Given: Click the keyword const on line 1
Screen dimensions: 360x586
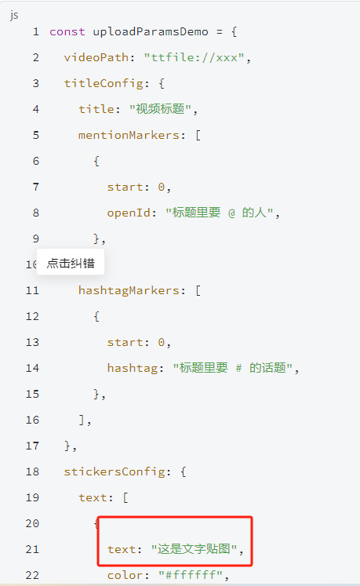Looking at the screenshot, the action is point(67,31).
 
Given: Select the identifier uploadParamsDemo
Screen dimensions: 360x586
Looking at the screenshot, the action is point(151,31).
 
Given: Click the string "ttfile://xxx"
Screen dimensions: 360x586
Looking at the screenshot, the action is point(194,57).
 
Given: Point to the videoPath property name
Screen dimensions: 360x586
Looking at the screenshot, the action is point(96,57).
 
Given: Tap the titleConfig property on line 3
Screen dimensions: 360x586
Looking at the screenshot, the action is point(104,83).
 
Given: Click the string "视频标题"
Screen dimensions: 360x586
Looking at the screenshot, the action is point(160,109).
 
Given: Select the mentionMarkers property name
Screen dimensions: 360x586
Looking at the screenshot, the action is point(129,135).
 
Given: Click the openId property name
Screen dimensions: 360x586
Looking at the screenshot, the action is point(129,213).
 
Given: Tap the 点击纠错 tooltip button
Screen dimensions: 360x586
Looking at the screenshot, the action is point(71,263).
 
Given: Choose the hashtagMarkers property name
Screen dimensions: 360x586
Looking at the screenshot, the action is point(129,290).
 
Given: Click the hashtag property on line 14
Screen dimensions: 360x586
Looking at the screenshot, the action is point(133,368).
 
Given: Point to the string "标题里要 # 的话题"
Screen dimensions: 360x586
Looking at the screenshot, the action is point(232,368).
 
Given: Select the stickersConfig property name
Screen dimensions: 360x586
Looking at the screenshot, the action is point(115,471).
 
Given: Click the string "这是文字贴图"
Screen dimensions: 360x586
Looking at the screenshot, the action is point(194,549).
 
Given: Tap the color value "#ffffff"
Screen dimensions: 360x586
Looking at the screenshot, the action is point(191,575).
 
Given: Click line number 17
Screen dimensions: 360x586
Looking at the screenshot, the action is point(32,446).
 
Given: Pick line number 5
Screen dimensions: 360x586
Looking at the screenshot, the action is point(36,135).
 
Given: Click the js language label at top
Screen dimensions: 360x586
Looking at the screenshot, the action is point(14,15).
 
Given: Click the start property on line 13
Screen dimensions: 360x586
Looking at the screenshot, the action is point(125,342).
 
